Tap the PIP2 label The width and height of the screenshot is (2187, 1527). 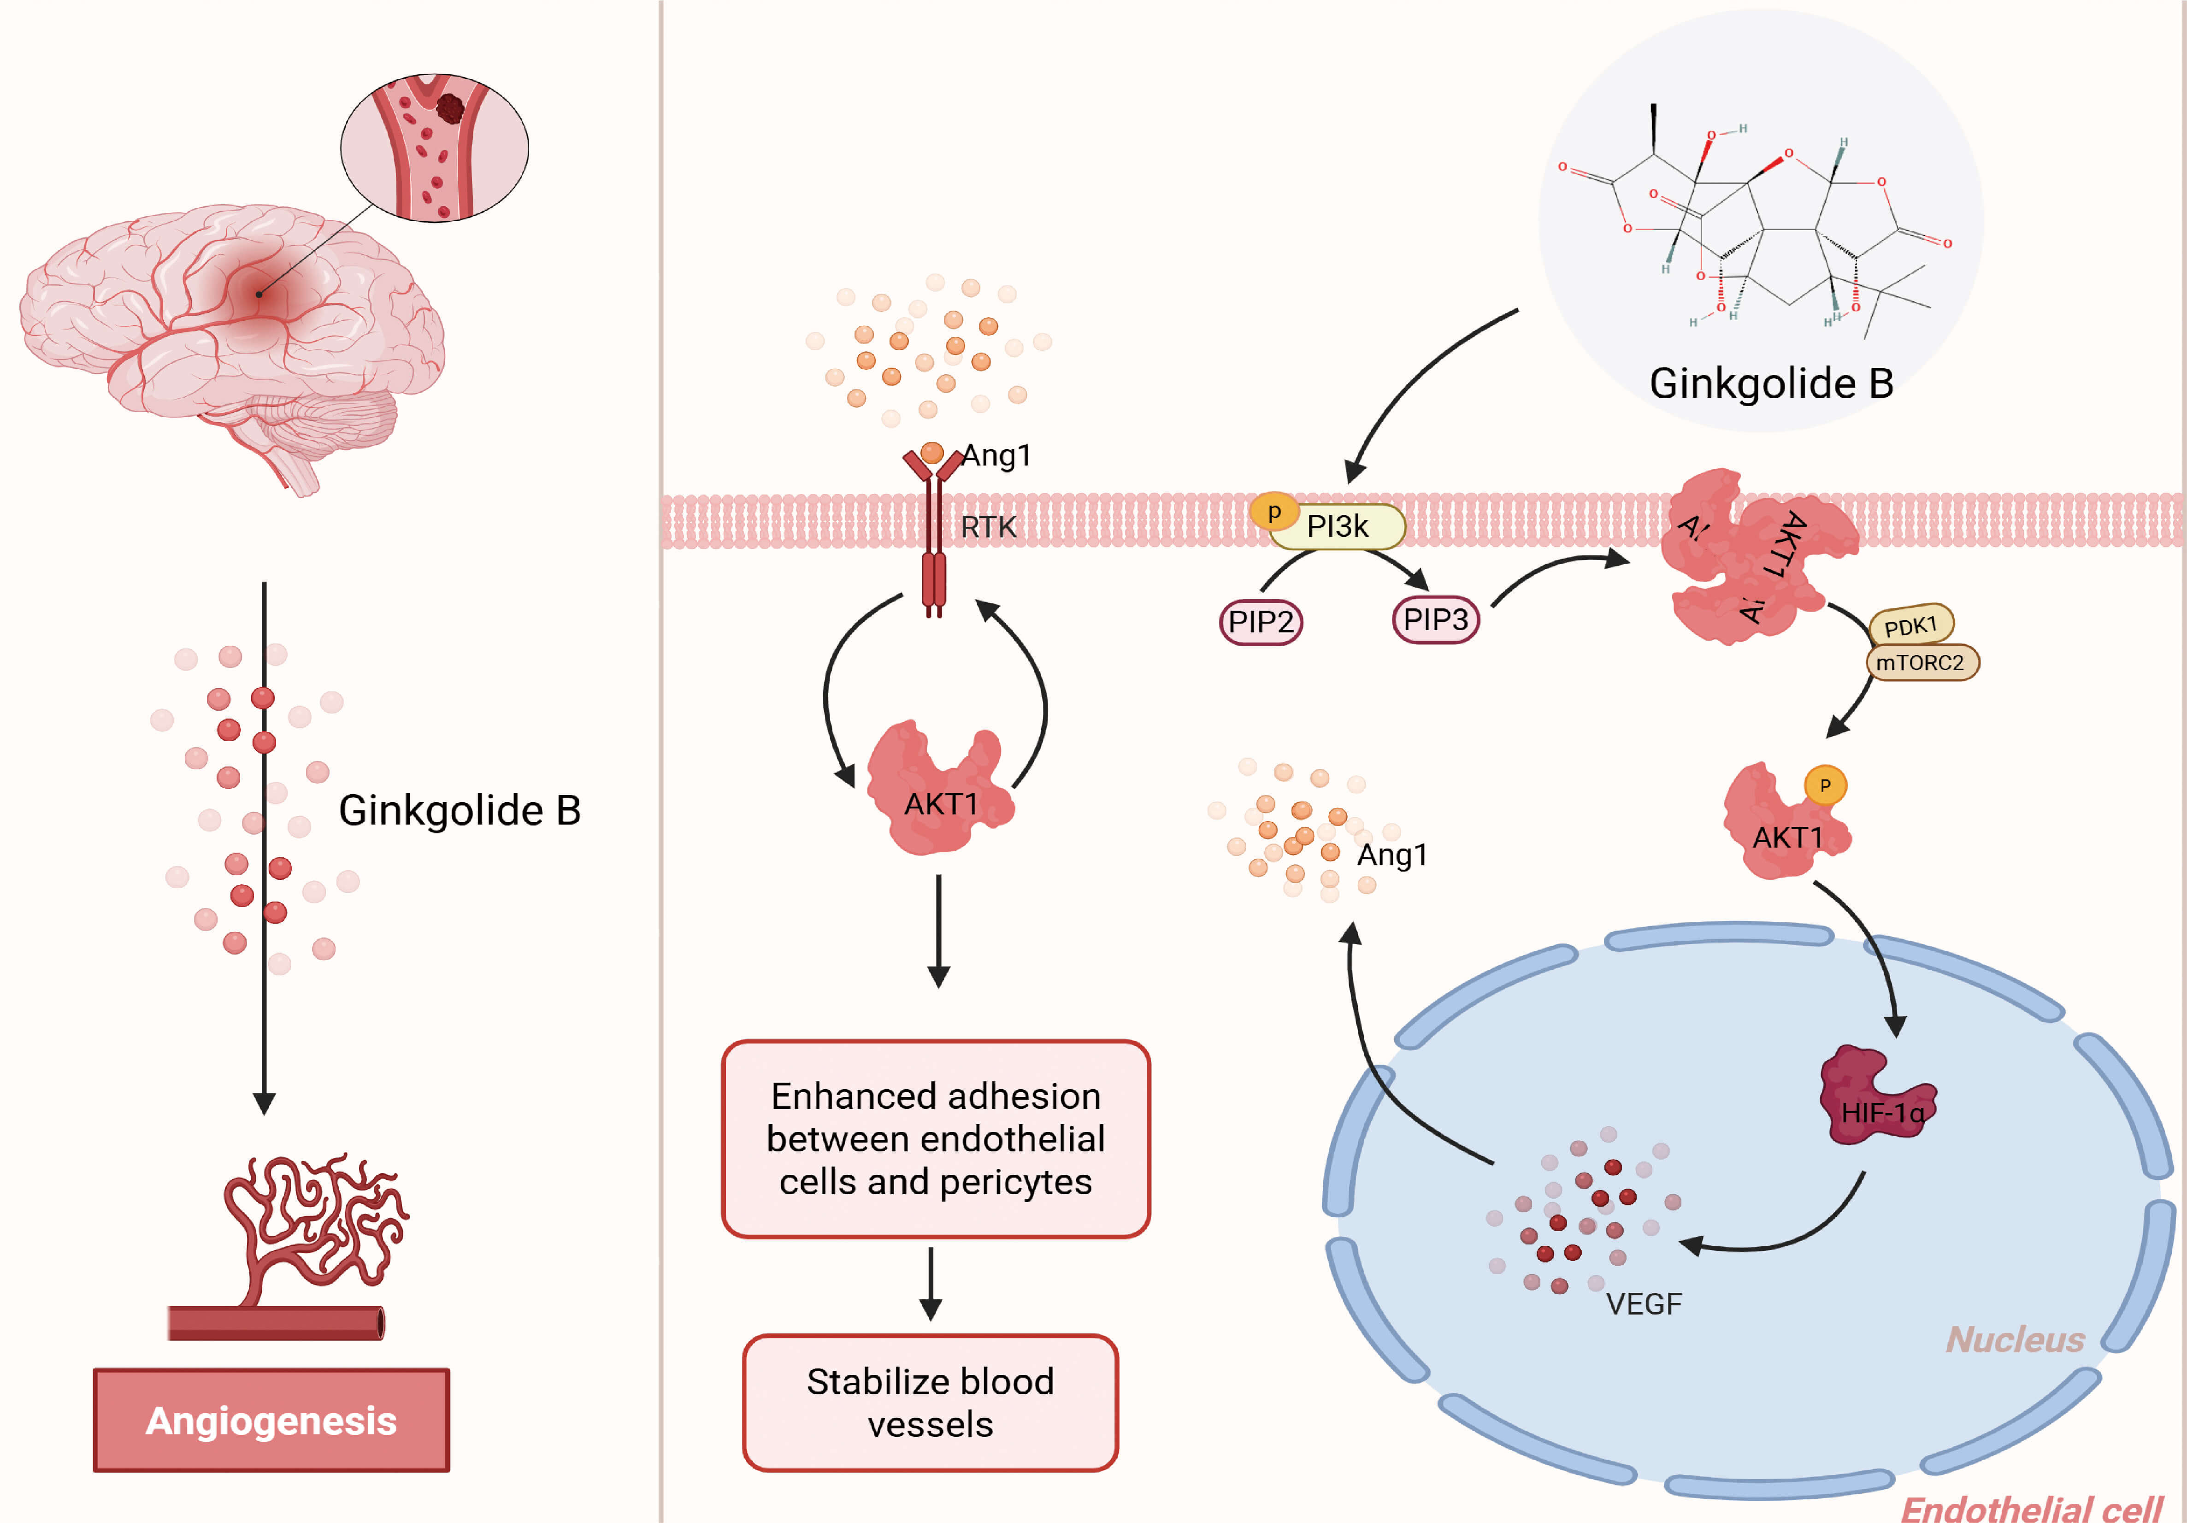pos(1260,622)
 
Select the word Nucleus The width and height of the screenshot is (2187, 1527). pos(2015,1339)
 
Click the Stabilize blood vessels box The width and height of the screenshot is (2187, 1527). pos(931,1402)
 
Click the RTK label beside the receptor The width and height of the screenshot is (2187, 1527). pos(988,527)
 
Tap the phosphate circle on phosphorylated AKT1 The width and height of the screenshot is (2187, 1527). pos(1825,786)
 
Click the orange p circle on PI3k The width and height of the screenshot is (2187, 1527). pos(1273,512)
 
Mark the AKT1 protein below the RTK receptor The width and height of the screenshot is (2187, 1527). pos(938,790)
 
